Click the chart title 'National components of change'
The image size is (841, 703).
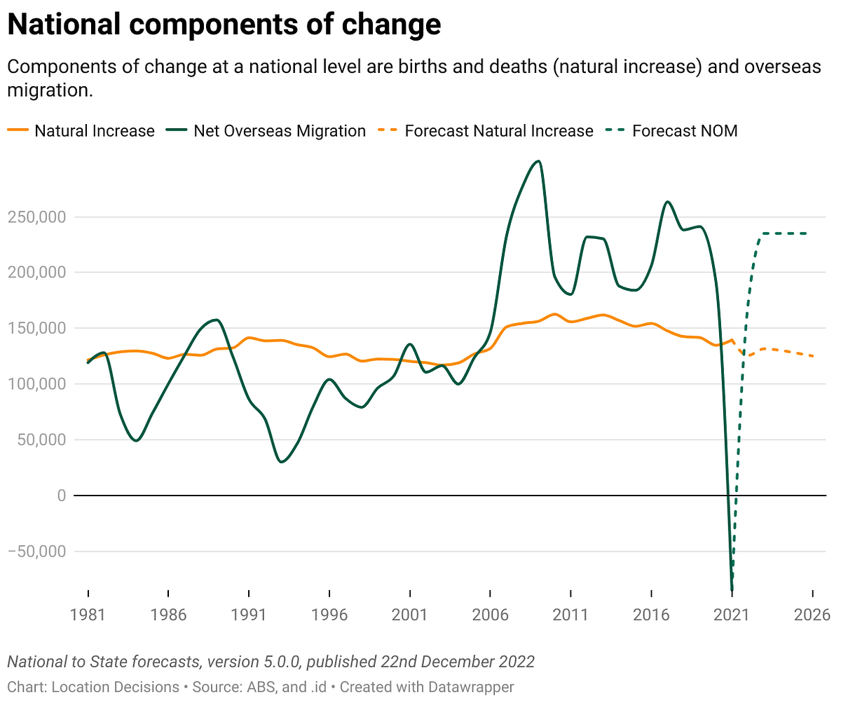224,25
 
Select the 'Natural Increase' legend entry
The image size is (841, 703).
81,131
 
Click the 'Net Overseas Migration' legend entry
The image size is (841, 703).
266,131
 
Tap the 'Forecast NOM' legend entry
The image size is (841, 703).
671,131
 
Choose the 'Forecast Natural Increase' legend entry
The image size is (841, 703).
486,131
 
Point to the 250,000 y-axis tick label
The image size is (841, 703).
36,217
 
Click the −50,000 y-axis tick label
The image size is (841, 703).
36,552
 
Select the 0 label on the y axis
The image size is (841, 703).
61,496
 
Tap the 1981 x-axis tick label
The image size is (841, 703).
88,615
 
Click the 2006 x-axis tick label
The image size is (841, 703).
490,615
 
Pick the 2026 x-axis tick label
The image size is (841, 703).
812,615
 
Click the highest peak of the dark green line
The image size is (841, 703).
538,161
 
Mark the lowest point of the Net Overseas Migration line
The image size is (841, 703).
732,589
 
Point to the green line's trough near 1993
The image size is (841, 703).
281,462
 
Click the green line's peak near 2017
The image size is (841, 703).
667,201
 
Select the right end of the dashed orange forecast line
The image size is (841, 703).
813,356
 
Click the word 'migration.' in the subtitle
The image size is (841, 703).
50,90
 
